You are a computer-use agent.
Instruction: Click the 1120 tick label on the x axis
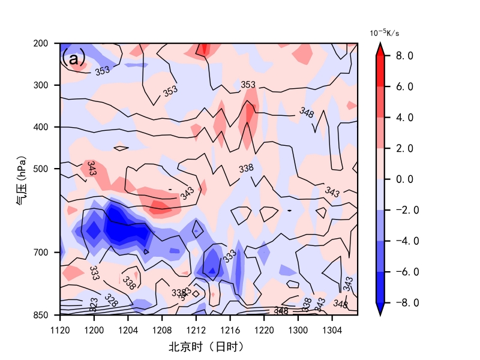60,331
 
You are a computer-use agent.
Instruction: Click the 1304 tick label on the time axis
332,331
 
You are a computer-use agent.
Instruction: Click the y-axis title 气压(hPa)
21,180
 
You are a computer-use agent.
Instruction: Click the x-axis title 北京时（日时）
206,347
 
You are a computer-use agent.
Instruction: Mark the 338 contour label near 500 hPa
246,169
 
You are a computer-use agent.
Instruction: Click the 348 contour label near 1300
307,112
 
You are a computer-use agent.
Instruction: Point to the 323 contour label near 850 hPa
93,305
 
